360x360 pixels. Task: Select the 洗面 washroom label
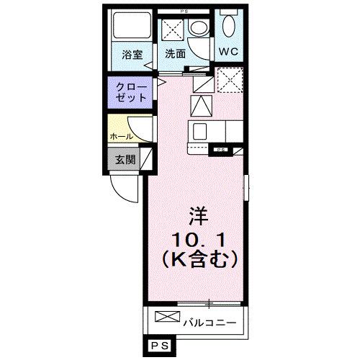pyautogui.click(x=175, y=54)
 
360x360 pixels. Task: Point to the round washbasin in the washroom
pyautogui.click(x=197, y=28)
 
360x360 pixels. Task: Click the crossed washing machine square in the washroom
pyautogui.click(x=172, y=30)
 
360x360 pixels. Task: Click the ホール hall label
pyautogui.click(x=120, y=135)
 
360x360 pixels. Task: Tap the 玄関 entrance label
pyautogui.click(x=125, y=159)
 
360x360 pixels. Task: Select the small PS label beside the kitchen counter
pyautogui.click(x=219, y=150)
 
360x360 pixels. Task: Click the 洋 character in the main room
pyautogui.click(x=199, y=215)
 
